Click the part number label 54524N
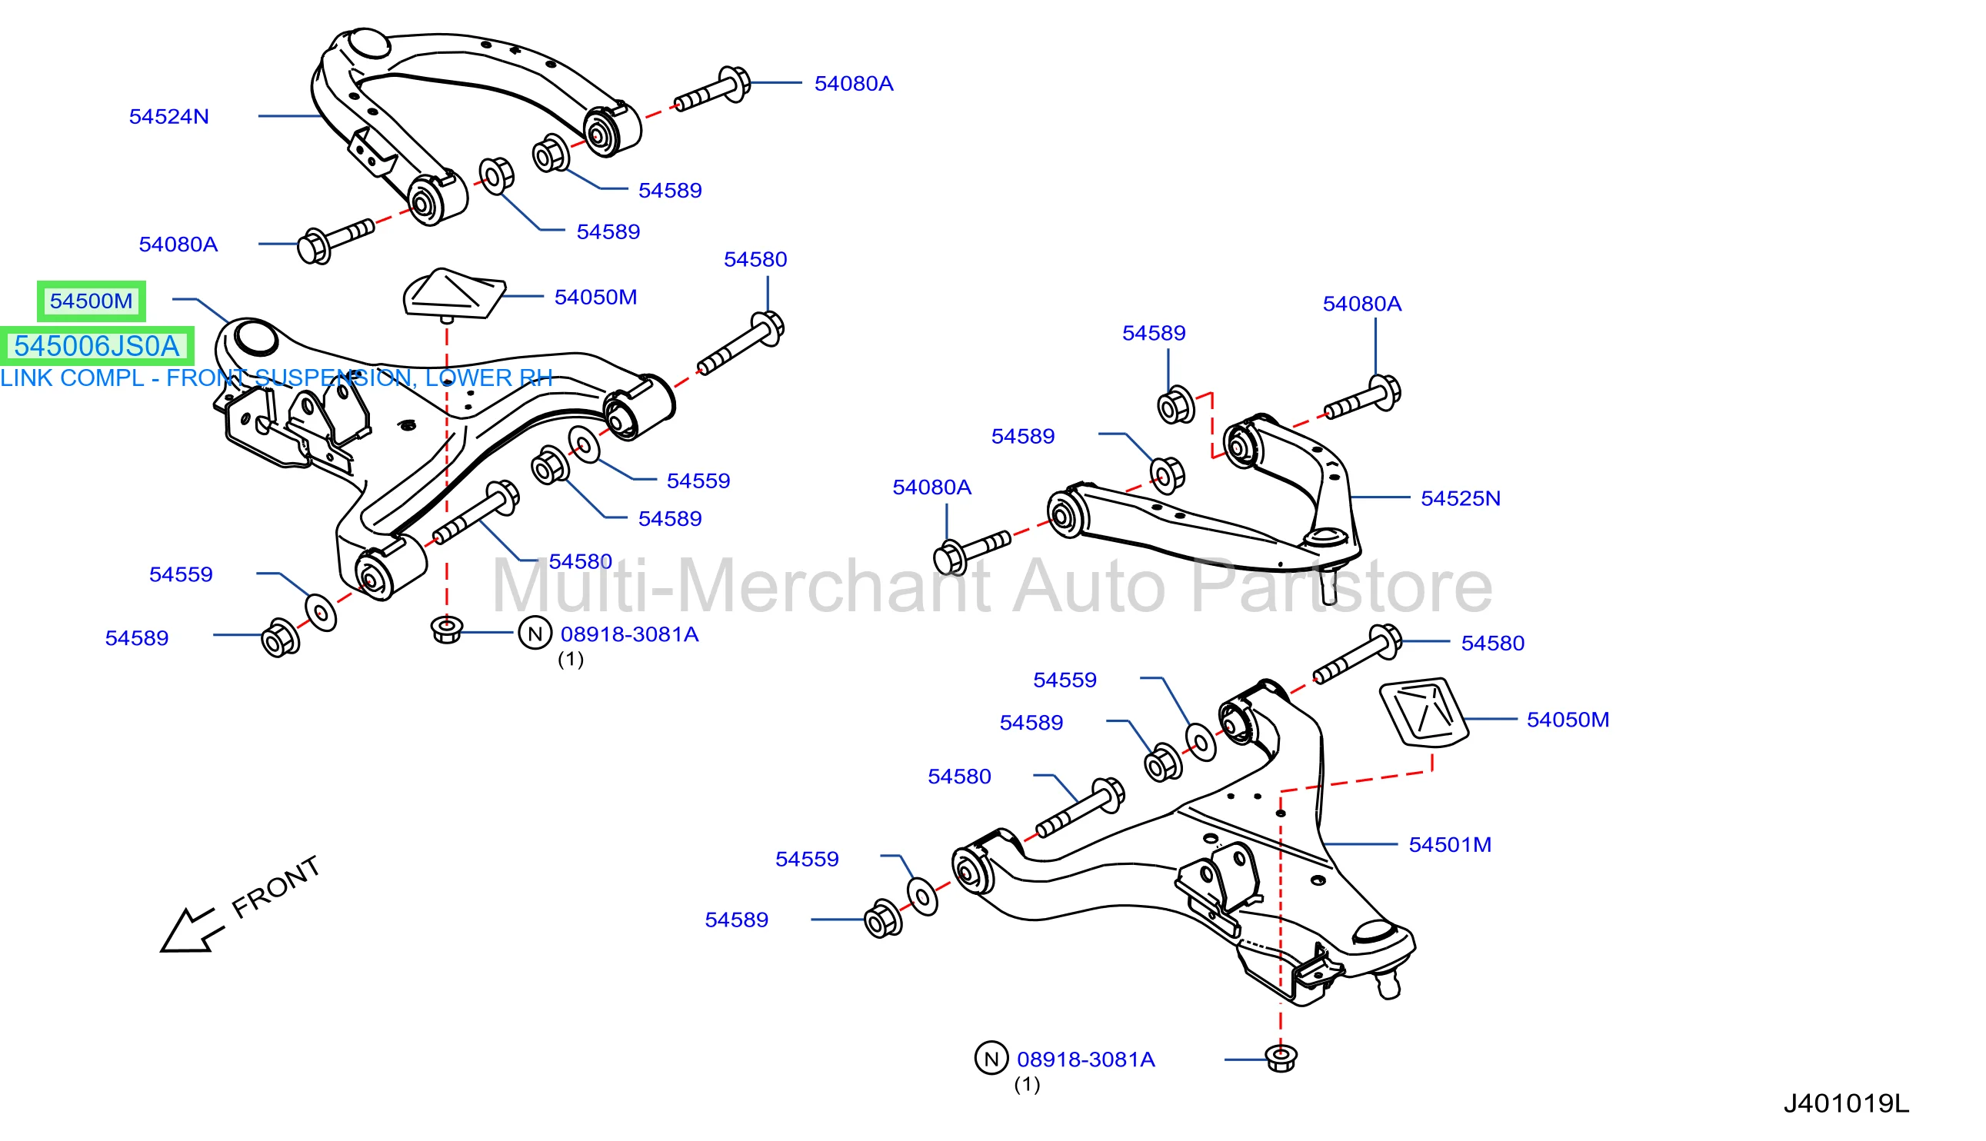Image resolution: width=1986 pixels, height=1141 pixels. click(168, 117)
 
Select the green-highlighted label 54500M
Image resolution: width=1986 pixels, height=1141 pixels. click(91, 301)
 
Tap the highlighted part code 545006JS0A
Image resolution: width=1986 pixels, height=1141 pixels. click(96, 345)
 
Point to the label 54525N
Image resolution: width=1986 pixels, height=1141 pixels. click(1460, 498)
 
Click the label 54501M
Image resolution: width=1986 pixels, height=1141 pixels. click(1449, 845)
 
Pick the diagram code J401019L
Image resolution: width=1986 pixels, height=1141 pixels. click(1846, 1103)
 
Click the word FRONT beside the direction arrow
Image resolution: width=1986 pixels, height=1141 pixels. click(276, 887)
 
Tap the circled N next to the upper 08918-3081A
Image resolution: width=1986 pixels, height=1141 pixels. click(535, 634)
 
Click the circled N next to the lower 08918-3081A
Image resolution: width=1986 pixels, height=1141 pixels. click(991, 1059)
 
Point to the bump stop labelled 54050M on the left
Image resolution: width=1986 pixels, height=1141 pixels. click(452, 294)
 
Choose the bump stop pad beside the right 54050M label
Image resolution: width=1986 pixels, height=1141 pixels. click(1423, 711)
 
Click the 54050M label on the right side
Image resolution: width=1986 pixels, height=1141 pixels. click(1568, 720)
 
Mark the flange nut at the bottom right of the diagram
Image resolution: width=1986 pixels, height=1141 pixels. click(1281, 1058)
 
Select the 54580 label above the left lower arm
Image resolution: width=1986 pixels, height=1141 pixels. click(755, 259)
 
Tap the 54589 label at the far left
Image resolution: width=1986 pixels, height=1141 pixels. click(136, 638)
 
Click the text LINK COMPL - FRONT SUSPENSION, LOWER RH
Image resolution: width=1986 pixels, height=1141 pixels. click(276, 378)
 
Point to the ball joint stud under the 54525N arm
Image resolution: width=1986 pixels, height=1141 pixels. click(1328, 584)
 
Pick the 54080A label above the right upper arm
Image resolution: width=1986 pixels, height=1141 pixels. click(1361, 304)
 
